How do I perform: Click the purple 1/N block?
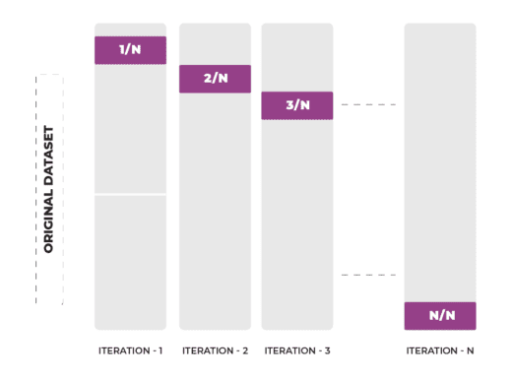(130, 50)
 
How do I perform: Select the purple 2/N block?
(215, 79)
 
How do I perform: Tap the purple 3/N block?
(297, 105)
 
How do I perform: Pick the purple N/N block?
(440, 316)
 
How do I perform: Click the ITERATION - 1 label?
(130, 350)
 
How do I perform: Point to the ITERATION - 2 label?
(215, 350)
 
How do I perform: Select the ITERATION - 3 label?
(297, 350)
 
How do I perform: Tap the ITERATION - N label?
(440, 350)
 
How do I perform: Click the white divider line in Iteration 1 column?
(130, 195)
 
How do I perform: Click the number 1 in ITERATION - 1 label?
(160, 350)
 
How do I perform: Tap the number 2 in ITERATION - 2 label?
(245, 350)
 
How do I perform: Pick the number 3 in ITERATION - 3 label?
(328, 350)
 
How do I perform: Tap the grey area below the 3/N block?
(297, 226)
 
